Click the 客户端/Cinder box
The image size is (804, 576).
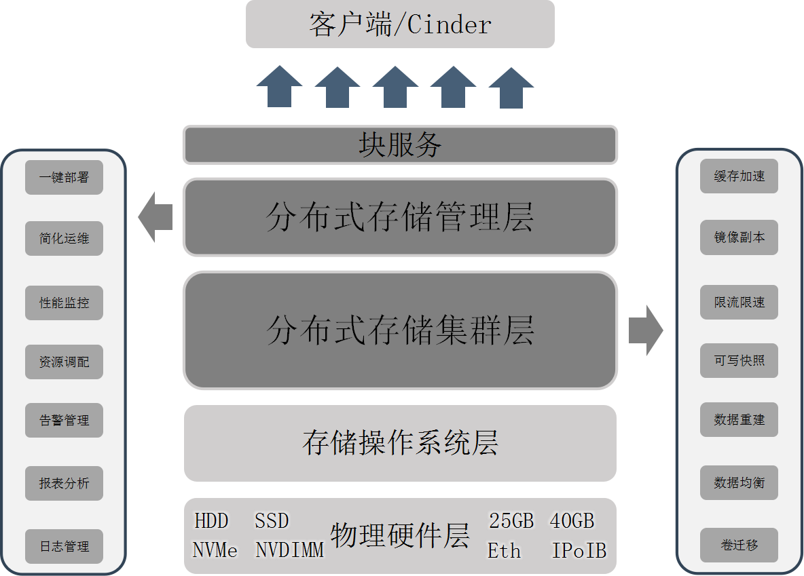click(400, 24)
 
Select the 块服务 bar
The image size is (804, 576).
click(400, 145)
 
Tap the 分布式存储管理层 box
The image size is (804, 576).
click(400, 217)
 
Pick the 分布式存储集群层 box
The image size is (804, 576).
click(400, 330)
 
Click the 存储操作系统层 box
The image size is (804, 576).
click(400, 443)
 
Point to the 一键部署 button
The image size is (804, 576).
click(64, 178)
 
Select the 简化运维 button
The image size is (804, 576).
click(64, 239)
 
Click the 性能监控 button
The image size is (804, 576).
click(64, 303)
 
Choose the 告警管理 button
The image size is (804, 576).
click(64, 421)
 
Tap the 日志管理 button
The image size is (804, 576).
click(64, 546)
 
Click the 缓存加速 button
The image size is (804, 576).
click(739, 176)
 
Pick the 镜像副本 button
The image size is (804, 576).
click(739, 237)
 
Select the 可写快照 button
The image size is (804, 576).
click(739, 361)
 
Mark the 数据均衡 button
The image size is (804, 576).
click(739, 483)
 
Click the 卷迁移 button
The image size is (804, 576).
click(739, 545)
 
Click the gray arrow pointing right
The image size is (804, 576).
click(645, 330)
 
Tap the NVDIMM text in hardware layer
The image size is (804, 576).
click(289, 550)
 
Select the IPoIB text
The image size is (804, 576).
click(579, 550)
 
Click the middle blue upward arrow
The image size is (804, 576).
click(395, 87)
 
